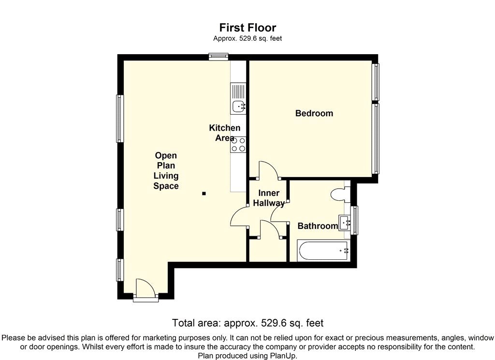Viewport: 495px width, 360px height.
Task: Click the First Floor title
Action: (247, 28)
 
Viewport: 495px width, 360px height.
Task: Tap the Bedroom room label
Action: (314, 113)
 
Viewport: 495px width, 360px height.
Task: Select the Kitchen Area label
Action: (224, 133)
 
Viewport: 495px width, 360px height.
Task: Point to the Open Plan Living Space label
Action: (166, 171)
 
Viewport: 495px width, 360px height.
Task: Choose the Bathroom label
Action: (317, 226)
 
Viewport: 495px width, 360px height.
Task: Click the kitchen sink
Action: (238, 105)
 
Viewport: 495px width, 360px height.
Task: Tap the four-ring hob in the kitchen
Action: (239, 144)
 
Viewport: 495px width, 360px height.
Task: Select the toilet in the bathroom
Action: (340, 195)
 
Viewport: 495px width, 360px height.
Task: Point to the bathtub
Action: (321, 251)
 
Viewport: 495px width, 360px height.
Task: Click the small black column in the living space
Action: (204, 194)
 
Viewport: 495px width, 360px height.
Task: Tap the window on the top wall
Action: (218, 57)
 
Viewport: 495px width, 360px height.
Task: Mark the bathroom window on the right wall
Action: (355, 220)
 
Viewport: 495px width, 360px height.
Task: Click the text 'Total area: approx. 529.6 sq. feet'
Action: (247, 323)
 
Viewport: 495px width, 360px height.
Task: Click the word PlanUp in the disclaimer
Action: (283, 356)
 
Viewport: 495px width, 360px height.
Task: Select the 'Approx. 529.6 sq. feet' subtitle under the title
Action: (247, 39)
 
